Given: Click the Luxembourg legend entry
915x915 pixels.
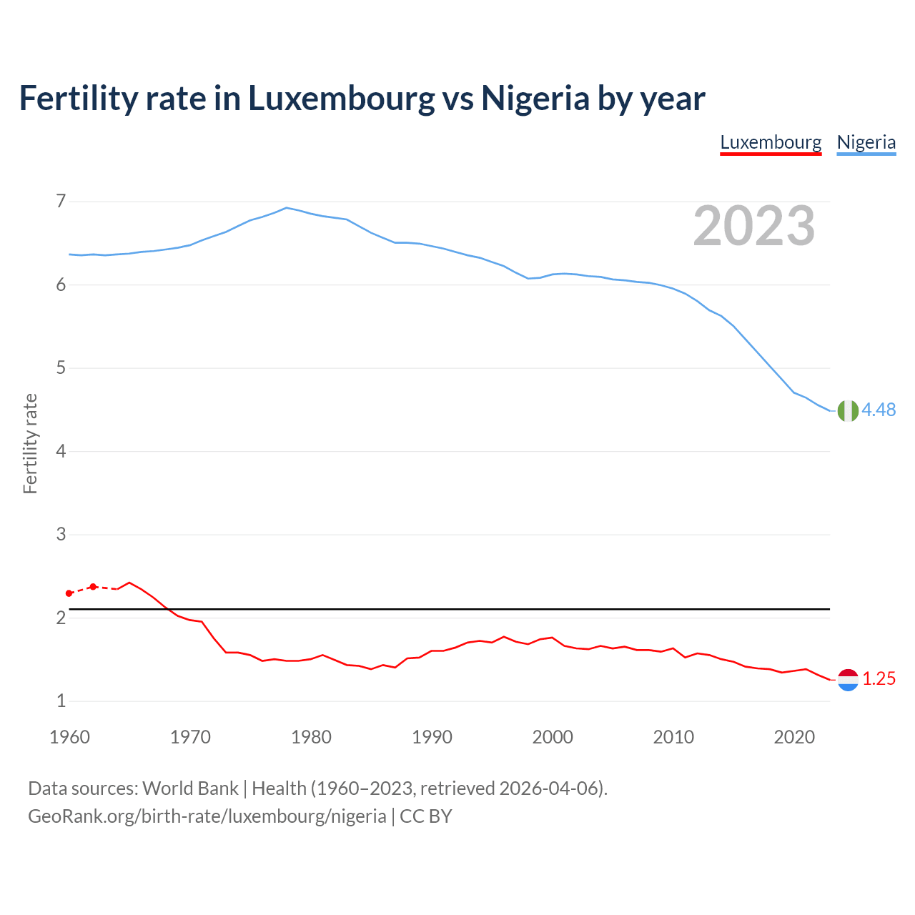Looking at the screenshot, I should click(771, 142).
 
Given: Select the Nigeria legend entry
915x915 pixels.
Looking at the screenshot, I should click(866, 142).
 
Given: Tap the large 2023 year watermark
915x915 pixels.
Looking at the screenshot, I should click(753, 226).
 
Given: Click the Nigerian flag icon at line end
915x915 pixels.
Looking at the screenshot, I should click(848, 411).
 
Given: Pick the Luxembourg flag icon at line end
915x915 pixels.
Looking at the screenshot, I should click(848, 680).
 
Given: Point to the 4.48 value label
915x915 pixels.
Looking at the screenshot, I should click(879, 410).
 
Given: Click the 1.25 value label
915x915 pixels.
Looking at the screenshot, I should click(879, 678).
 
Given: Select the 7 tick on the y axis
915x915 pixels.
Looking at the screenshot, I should click(61, 202).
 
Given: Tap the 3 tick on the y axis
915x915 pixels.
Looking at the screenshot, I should click(61, 535).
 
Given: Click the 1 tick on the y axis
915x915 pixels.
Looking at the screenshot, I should click(61, 701).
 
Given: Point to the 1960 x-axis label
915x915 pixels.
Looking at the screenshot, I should click(69, 737).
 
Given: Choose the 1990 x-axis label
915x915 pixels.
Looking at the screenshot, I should click(432, 737).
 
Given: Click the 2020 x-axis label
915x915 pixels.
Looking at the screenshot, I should click(794, 737).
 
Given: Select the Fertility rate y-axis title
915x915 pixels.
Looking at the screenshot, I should click(30, 443).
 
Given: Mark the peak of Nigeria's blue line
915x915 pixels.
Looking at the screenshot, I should click(287, 208).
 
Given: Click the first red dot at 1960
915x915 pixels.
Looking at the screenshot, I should click(69, 593).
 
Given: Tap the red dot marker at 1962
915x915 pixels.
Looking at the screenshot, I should click(93, 587).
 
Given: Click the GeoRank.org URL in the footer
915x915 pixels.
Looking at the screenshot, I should click(207, 816).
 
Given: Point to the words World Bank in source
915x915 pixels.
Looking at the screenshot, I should click(190, 788).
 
